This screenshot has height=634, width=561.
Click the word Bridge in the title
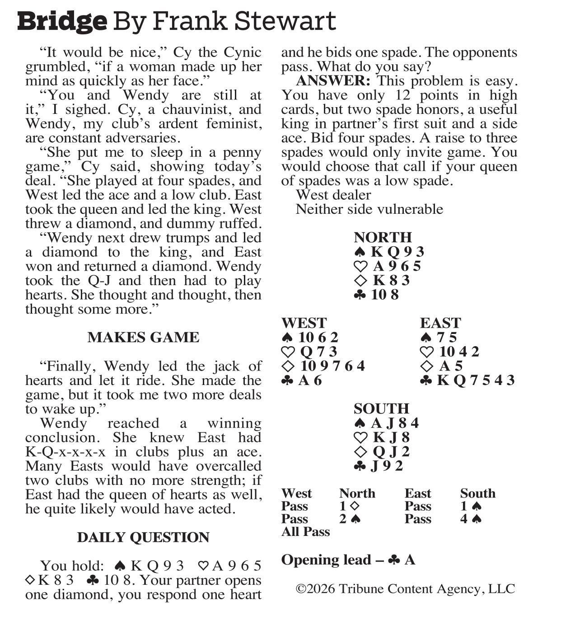click(62, 21)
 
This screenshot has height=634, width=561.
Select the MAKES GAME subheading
click(143, 338)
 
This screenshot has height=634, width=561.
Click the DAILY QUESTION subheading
click(143, 537)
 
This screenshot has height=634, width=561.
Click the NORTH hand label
click(383, 237)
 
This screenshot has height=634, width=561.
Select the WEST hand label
click(304, 323)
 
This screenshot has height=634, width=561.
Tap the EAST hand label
click(440, 323)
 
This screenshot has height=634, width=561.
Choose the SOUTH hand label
click(381, 409)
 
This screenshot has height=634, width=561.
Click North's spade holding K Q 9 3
click(389, 252)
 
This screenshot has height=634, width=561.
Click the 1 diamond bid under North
click(349, 506)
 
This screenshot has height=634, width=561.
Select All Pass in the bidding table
click(305, 532)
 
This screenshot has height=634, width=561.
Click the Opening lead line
click(348, 560)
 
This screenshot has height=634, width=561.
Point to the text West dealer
click(333, 195)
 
